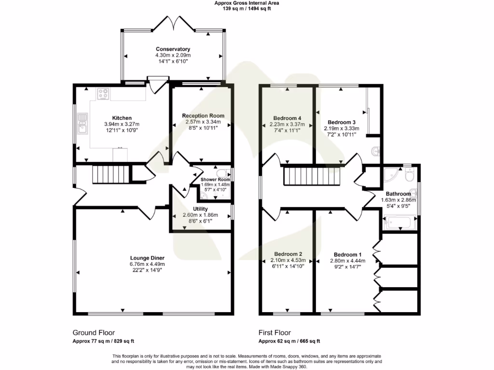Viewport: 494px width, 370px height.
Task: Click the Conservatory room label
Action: pos(173,49)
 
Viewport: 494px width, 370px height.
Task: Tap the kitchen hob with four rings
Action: pos(103,94)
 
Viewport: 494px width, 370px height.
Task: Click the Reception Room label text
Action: pos(203,116)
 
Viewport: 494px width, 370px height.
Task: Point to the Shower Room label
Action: pos(215,179)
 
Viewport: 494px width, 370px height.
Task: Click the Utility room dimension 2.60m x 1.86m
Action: pos(200,215)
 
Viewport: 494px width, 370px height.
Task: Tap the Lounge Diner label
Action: pos(147,258)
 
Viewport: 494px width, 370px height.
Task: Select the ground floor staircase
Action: pos(111,174)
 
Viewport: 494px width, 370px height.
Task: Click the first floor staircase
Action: pos(314,175)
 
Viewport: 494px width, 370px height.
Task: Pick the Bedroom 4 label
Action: pos(287,118)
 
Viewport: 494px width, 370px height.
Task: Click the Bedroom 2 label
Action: pos(288,254)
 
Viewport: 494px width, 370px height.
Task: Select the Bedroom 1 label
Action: pos(347,254)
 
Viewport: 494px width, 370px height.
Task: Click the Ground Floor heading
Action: pos(94,332)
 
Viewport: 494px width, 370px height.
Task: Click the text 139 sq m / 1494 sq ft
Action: pos(247,8)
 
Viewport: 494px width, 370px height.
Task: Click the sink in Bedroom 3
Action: pos(376,151)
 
